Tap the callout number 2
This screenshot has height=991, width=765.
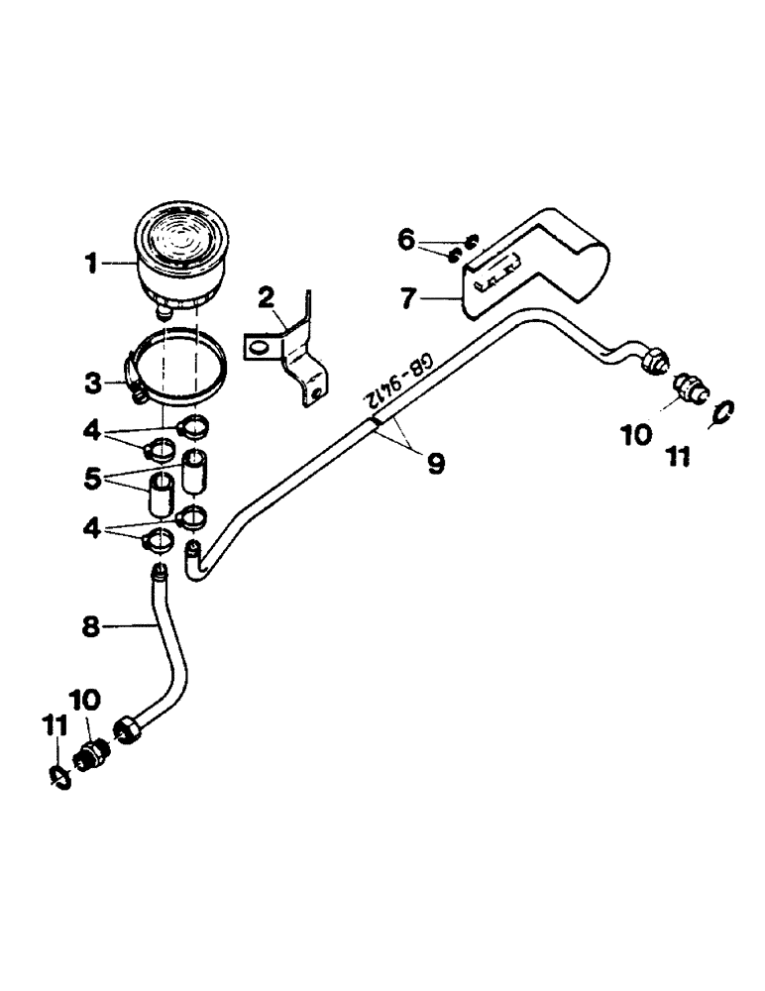tap(265, 294)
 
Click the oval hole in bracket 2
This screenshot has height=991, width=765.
tap(258, 348)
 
